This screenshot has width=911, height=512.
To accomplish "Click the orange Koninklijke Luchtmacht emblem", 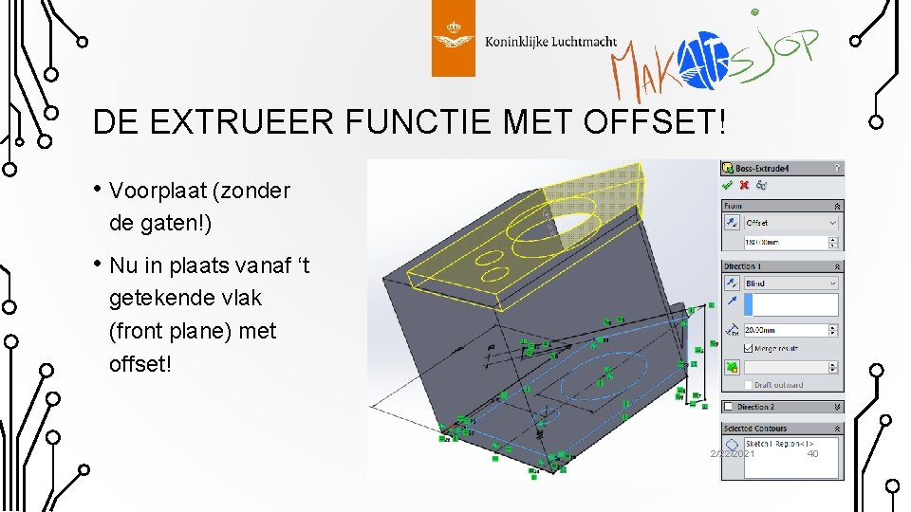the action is (453, 39).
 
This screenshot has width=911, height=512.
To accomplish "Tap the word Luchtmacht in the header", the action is (580, 42).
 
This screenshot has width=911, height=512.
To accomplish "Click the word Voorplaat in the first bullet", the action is (158, 191).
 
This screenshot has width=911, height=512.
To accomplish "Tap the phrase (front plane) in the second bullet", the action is (193, 332).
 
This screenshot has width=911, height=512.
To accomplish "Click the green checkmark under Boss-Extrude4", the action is (729, 185).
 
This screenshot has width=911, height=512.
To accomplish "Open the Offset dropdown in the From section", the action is (790, 223).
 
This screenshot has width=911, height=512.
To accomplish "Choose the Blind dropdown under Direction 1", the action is (790, 283).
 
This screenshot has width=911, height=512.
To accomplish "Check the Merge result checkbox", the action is (749, 348).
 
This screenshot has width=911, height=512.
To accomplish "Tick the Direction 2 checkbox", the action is (730, 407).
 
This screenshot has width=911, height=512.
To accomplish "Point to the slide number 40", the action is (812, 454).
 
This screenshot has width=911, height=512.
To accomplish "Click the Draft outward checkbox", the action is (749, 385).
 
